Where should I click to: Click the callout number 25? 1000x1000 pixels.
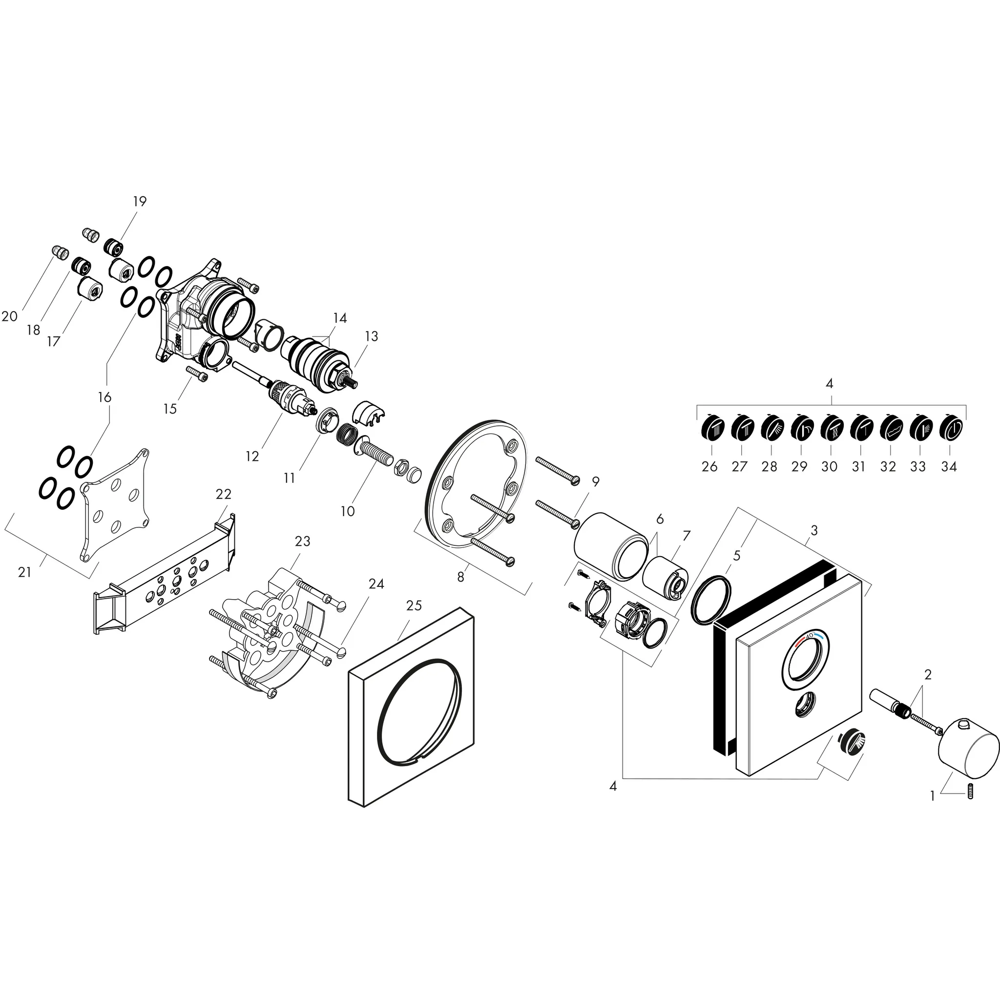point(414,605)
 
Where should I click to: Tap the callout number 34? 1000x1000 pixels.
point(949,467)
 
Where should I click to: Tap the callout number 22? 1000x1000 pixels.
point(223,494)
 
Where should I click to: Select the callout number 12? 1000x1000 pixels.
point(252,457)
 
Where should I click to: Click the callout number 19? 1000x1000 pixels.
point(140,201)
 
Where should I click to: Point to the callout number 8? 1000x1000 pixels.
point(460,577)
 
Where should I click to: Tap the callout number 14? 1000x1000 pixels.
point(339,318)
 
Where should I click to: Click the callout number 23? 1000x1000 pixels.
point(302,542)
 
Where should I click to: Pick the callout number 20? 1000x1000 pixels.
point(10,316)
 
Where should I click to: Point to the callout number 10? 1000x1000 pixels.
point(347,511)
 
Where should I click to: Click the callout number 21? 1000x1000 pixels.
point(24,572)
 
